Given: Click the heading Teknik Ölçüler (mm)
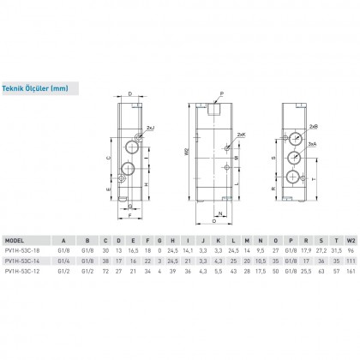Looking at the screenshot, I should point(35,87).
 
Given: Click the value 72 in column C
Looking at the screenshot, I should point(105,269).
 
